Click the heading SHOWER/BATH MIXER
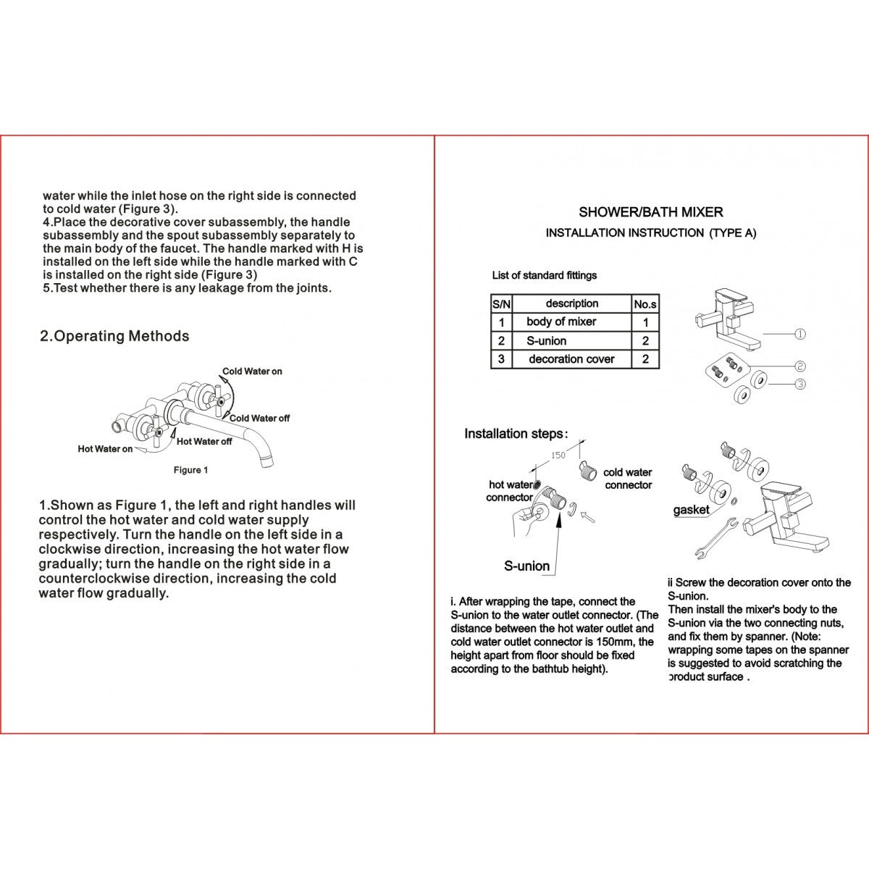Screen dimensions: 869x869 click(x=650, y=212)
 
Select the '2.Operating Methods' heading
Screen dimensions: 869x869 click(x=114, y=336)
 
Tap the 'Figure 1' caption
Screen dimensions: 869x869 click(x=190, y=470)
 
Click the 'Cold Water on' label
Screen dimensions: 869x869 click(x=252, y=371)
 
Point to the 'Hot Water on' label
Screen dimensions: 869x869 click(x=105, y=449)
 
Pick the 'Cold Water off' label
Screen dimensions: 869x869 click(x=259, y=418)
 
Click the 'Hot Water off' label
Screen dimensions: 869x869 click(x=204, y=441)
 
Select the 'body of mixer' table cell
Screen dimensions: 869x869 click(x=561, y=322)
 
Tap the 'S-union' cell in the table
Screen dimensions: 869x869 click(x=547, y=340)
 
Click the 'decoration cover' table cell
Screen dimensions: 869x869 click(x=571, y=359)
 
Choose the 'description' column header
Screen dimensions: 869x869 click(x=571, y=303)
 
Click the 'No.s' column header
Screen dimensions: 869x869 click(x=645, y=304)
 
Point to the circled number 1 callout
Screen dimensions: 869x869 click(x=799, y=335)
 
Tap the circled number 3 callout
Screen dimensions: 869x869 click(x=799, y=384)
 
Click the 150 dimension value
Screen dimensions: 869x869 click(x=558, y=456)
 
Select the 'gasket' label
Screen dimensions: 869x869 click(x=691, y=510)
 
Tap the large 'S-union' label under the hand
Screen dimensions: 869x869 click(x=526, y=566)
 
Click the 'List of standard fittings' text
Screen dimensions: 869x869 click(x=544, y=275)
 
